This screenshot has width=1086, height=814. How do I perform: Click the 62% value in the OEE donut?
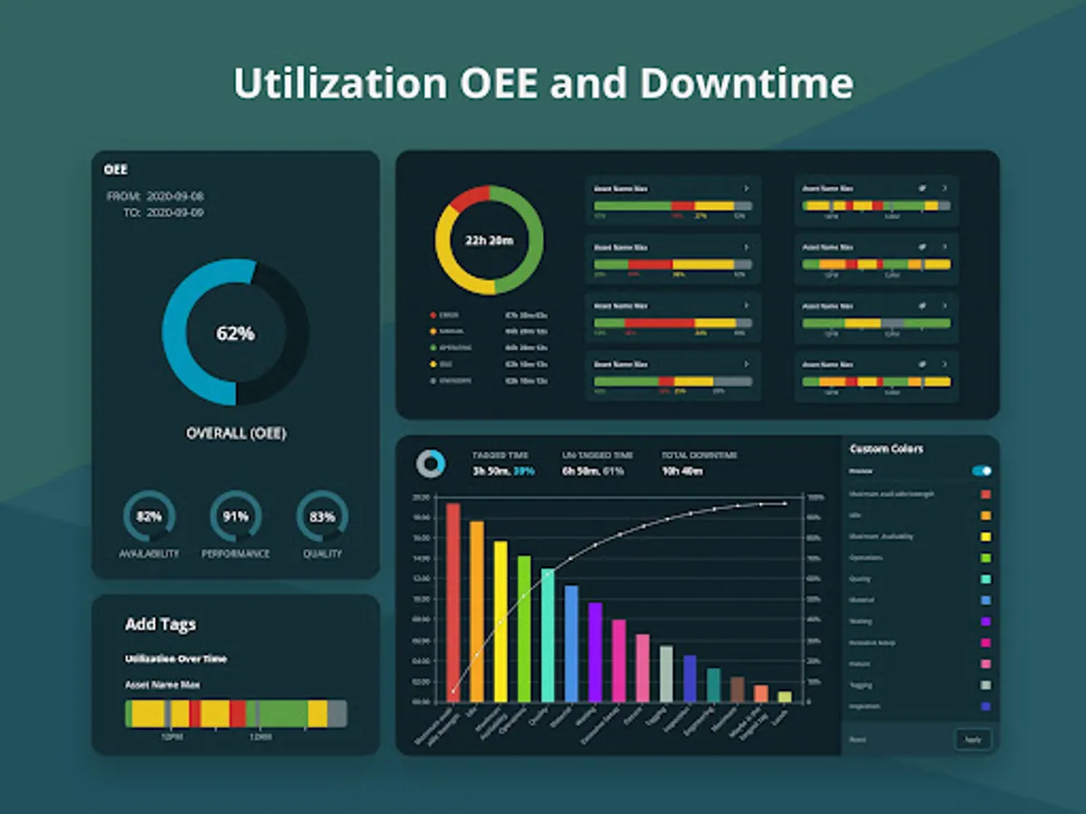(x=235, y=333)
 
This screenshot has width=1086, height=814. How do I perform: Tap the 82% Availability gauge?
(x=149, y=516)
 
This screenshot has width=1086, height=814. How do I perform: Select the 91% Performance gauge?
(x=235, y=516)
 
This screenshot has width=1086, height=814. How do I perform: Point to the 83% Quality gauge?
(x=322, y=516)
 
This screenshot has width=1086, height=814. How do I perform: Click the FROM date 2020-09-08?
(x=175, y=196)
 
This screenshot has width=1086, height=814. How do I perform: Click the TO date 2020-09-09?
(x=175, y=213)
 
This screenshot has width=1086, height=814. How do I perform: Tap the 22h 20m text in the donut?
(x=489, y=241)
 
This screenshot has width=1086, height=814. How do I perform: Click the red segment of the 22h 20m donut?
(x=468, y=198)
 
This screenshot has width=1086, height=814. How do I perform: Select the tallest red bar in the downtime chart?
(x=452, y=601)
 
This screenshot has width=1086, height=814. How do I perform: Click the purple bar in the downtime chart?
(x=595, y=651)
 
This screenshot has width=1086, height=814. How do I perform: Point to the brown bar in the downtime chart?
(x=737, y=688)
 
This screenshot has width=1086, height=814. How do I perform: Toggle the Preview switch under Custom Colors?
(x=981, y=471)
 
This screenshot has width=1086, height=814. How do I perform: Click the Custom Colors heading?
(x=886, y=449)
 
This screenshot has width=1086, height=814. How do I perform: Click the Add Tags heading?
(x=160, y=625)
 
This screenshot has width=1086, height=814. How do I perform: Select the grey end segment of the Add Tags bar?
(x=337, y=714)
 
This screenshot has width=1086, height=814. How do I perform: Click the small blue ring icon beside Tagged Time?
(x=431, y=463)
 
